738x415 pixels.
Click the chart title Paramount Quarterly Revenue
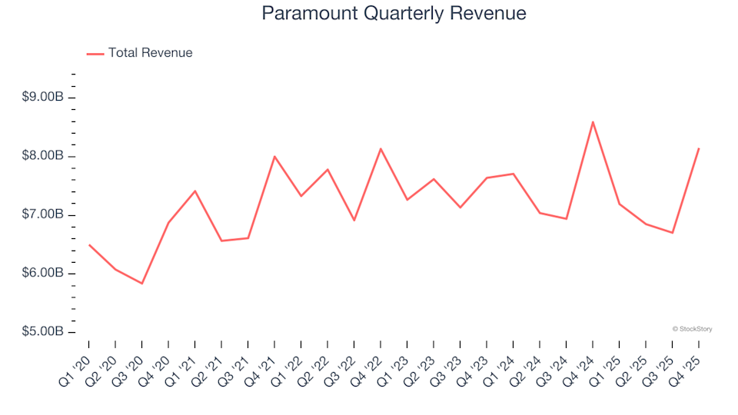[394, 14]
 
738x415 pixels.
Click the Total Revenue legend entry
[150, 53]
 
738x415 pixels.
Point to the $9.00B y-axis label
[44, 98]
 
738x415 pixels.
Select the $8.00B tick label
[44, 156]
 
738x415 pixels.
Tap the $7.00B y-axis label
[44, 214]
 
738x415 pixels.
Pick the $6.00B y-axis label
[44, 274]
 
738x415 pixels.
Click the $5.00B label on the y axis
[44, 332]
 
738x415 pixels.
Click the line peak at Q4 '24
[593, 121]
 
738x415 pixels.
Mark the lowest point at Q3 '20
[142, 284]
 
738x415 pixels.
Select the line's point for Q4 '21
[274, 156]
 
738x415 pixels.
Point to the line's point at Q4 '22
[381, 148]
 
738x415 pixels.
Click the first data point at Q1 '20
[89, 244]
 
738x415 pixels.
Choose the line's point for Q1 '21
[195, 191]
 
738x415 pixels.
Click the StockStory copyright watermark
[692, 329]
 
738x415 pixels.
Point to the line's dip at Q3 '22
[354, 221]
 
